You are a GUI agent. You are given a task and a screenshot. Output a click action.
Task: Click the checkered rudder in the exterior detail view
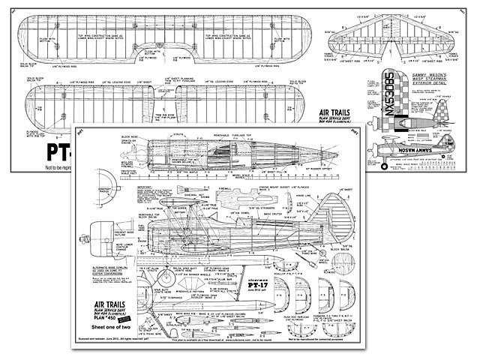tap(442, 101)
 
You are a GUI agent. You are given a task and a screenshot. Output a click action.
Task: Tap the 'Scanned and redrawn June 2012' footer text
tap(120, 351)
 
